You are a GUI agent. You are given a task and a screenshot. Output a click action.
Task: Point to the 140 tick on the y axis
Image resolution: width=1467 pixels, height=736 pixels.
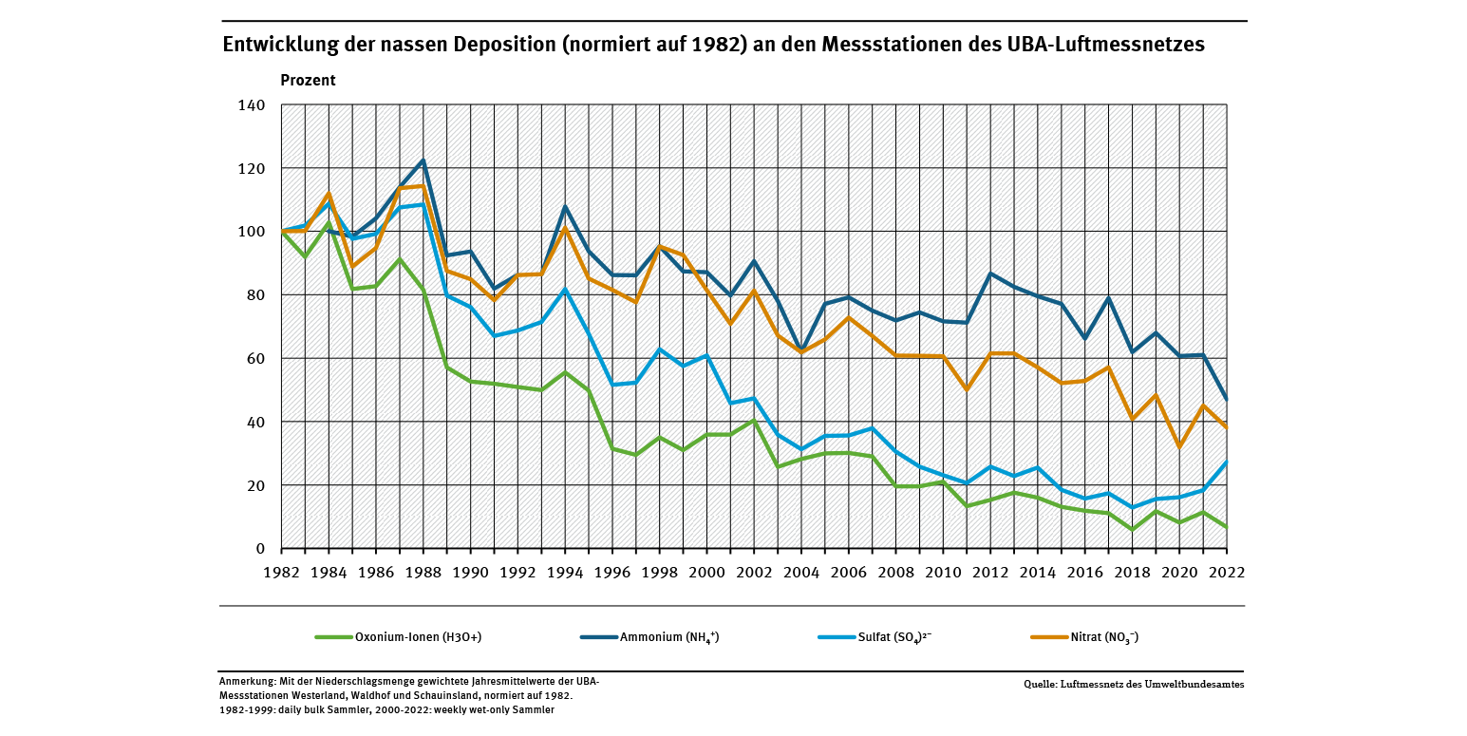[x=252, y=104]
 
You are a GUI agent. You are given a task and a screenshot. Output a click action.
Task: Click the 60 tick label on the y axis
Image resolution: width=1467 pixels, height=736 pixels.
[x=255, y=358]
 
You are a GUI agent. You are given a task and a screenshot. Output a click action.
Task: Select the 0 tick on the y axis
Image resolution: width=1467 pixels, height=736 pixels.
[x=259, y=549]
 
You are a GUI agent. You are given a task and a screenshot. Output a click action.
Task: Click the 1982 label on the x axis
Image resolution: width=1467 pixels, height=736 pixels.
[x=281, y=573]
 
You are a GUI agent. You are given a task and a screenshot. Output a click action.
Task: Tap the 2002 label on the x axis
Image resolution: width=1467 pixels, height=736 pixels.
[x=754, y=573]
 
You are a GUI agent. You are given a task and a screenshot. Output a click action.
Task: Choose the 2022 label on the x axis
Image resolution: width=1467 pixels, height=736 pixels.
[x=1226, y=573]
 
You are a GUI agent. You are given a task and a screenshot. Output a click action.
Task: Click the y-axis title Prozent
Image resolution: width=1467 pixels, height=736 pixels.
[x=308, y=81]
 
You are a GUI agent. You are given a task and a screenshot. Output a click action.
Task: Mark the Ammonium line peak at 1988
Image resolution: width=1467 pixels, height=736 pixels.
[x=423, y=160]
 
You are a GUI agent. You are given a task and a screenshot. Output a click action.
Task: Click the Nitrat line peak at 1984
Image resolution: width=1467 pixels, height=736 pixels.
[x=329, y=194]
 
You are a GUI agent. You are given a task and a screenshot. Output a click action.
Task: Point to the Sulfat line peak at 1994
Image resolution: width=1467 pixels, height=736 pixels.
[x=565, y=290]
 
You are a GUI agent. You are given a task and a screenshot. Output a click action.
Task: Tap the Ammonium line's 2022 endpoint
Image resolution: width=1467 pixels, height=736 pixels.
[x=1226, y=400]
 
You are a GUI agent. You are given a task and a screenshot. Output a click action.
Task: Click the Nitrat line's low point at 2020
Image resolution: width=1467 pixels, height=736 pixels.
[x=1179, y=447]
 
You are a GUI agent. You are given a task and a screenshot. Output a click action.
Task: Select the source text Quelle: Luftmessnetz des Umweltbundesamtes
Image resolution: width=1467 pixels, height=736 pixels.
[x=1134, y=684]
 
